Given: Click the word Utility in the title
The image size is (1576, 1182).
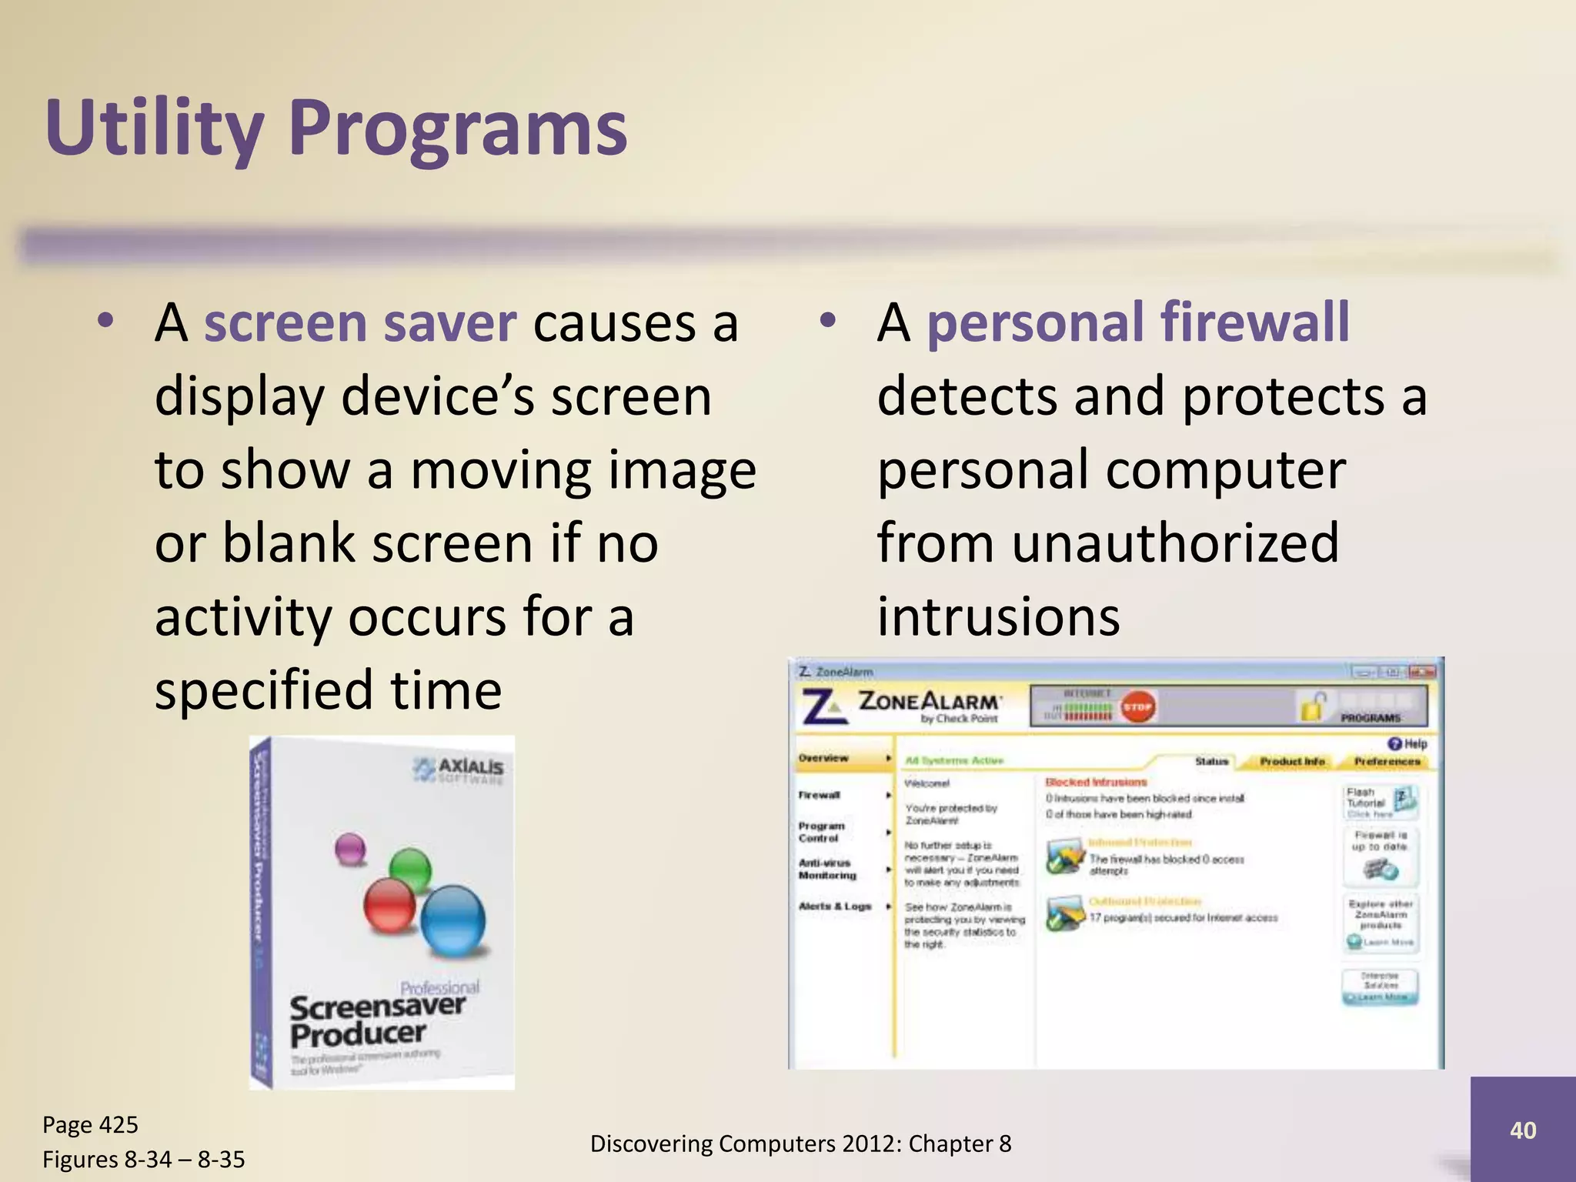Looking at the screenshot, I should pos(154,127).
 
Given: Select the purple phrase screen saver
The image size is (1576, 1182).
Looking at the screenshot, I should pos(359,323).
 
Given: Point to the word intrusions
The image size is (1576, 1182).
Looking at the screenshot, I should pos(998,617).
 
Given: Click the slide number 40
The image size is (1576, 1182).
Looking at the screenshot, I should pos(1522,1130).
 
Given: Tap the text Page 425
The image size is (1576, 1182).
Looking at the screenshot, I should pos(90,1124).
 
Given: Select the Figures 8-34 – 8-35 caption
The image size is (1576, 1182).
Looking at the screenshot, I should pos(143,1159).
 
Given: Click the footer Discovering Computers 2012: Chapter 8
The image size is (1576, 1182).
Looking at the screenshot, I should pos(800,1144).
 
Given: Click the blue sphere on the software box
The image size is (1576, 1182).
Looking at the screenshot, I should pos(453,920).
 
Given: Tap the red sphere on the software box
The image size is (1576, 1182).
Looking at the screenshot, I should pos(389,905).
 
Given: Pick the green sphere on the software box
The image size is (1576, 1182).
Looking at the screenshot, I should pos(410,870).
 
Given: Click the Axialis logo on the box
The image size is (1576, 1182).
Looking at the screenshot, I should pos(459,769).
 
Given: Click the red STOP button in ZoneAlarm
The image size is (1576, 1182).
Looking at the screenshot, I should pos(1137,706).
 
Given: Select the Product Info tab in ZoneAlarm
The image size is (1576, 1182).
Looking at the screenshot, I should pos(1292,761).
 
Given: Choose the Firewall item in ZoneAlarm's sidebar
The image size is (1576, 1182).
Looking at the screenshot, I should pos(820,795).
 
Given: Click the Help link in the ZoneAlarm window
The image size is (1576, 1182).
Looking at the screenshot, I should pos(1407,743).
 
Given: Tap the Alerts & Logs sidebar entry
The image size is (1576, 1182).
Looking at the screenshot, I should pos(835,907).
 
